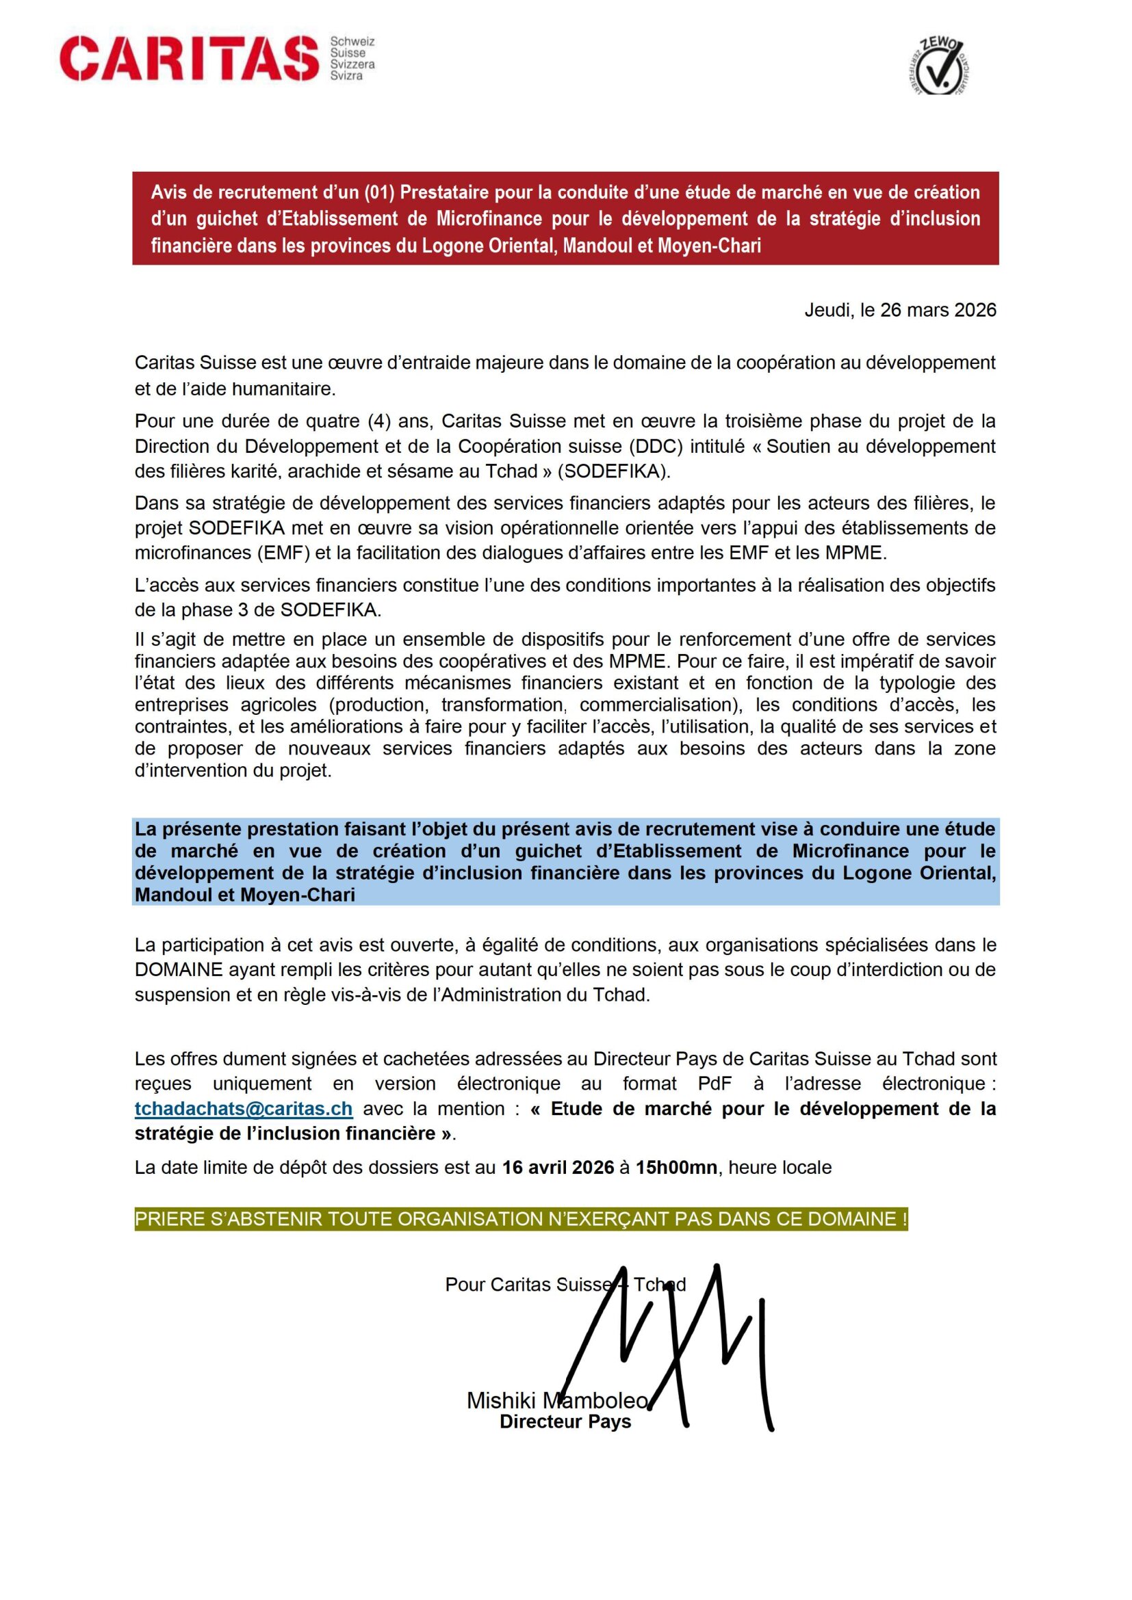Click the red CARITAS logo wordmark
(189, 59)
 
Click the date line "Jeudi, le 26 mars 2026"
(900, 310)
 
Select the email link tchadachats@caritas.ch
(243, 1109)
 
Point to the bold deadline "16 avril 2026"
(558, 1167)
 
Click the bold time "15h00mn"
(676, 1167)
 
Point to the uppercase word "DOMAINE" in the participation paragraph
(179, 969)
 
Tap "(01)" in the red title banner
(379, 192)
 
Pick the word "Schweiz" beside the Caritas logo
(352, 42)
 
